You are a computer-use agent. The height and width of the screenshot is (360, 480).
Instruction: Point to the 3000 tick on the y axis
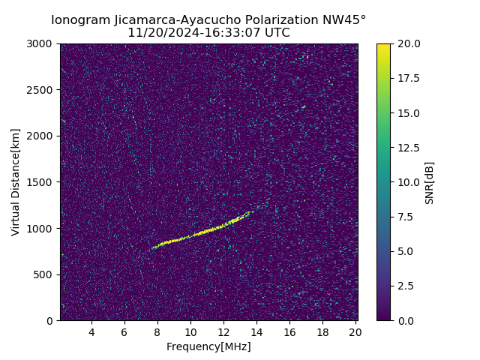click(x=42, y=43)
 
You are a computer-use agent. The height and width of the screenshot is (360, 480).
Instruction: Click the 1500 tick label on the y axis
click(x=42, y=182)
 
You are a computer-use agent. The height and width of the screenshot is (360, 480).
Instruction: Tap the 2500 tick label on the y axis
click(x=42, y=90)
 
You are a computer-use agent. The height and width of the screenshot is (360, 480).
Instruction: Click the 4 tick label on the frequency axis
click(x=91, y=332)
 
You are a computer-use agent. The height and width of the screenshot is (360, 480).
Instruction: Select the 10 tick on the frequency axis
click(x=190, y=332)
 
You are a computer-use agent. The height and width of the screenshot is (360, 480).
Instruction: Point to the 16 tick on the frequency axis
click(x=289, y=332)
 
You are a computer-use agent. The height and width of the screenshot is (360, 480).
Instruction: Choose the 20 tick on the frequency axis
click(x=355, y=332)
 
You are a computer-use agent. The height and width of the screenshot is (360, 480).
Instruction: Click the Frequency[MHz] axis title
click(x=208, y=346)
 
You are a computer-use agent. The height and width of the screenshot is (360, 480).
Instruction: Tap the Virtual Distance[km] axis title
click(x=16, y=182)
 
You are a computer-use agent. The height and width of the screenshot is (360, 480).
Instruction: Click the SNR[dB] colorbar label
click(x=430, y=182)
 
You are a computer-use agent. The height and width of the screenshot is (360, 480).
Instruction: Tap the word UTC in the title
click(x=277, y=33)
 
